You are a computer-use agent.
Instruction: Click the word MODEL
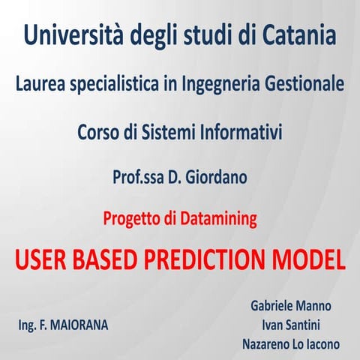pos(308,259)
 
